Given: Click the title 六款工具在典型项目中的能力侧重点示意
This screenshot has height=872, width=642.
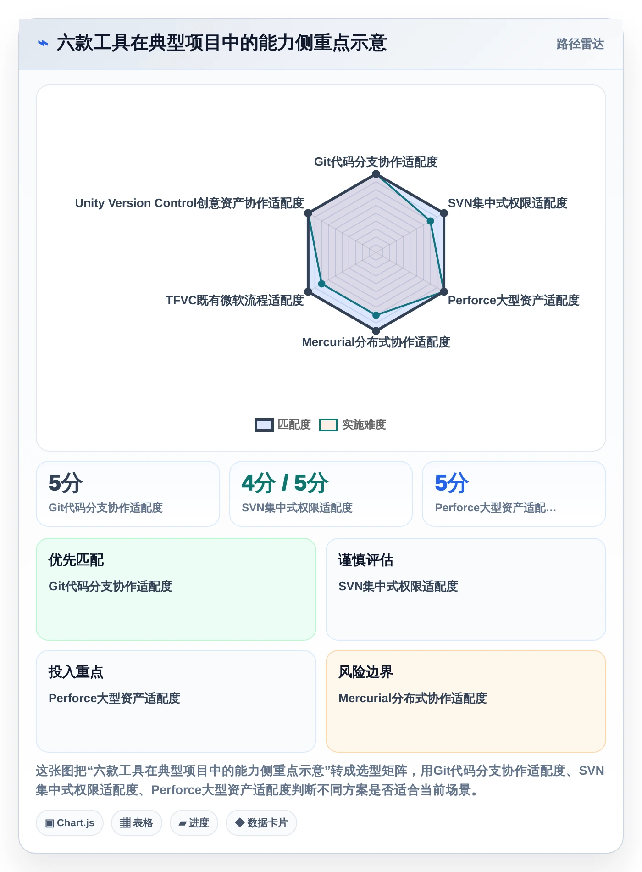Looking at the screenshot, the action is (x=221, y=43).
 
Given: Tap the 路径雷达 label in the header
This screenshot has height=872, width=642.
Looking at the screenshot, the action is (x=580, y=44).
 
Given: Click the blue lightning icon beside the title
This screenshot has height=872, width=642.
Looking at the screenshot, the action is (x=43, y=43).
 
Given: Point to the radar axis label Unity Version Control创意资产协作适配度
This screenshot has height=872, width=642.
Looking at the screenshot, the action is (x=189, y=203).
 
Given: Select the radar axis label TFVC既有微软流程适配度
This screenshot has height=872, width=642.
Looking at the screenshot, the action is (x=235, y=300).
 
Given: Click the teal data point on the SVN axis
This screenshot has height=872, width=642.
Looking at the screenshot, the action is (x=430, y=221).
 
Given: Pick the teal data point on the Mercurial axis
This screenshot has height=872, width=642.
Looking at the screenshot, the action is (x=376, y=315).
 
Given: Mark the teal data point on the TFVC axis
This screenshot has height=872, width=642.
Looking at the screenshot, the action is (x=322, y=284).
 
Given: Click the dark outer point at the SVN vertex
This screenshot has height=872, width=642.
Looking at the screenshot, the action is (x=444, y=213).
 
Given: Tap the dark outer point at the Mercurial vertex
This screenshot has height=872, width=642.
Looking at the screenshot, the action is (x=376, y=330).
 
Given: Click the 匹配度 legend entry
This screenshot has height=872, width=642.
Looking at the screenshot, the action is (x=283, y=425).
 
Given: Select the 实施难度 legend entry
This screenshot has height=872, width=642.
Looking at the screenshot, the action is (x=353, y=425).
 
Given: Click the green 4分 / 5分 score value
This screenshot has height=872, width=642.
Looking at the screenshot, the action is (x=285, y=483).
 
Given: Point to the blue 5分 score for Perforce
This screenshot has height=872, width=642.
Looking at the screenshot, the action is (x=452, y=483).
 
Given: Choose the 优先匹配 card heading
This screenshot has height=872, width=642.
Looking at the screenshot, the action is (x=76, y=560).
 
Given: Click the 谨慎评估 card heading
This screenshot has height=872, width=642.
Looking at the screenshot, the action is (x=366, y=560).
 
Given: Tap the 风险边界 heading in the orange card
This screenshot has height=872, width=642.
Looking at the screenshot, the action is (x=366, y=672).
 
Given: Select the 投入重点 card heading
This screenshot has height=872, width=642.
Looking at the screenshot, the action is (x=76, y=672).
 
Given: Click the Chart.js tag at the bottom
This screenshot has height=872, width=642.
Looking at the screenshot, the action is (x=70, y=823).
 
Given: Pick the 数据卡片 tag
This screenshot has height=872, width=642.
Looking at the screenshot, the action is (x=261, y=823).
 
